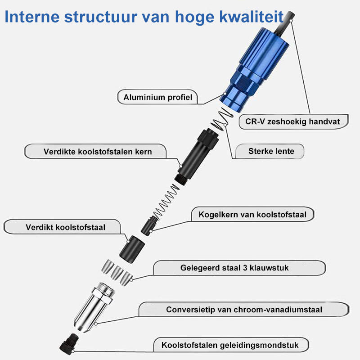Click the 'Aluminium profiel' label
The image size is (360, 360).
[157, 97]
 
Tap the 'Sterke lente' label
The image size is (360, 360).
[271, 151]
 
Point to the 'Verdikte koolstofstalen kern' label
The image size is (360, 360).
[98, 151]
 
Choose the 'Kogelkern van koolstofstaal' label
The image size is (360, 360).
[252, 215]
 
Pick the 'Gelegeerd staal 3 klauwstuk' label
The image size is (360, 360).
[234, 268]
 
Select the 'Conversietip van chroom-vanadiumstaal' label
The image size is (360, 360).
[244, 310]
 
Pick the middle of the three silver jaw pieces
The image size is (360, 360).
[117, 272]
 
